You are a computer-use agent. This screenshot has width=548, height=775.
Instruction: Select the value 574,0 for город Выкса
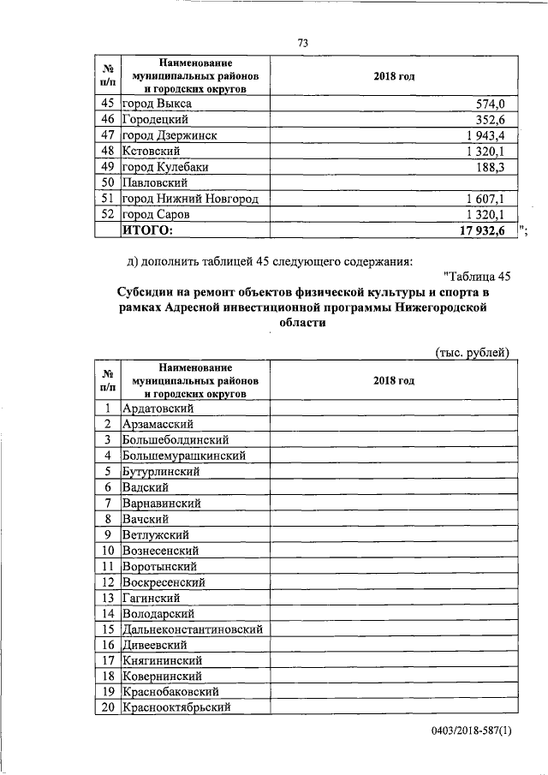pos(494,104)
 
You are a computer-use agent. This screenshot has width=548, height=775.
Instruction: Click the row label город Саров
pos(162,214)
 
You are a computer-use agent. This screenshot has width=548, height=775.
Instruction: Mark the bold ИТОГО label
pos(147,230)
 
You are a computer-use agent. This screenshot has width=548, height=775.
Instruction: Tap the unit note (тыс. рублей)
pos(473,352)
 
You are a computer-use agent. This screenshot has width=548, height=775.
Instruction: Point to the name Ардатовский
pos(164,408)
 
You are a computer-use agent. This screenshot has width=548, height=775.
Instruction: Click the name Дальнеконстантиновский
pos(193,629)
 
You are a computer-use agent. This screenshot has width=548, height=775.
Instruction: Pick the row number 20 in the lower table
pos(108,707)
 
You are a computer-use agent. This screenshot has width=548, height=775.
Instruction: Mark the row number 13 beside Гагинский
pos(108,597)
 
